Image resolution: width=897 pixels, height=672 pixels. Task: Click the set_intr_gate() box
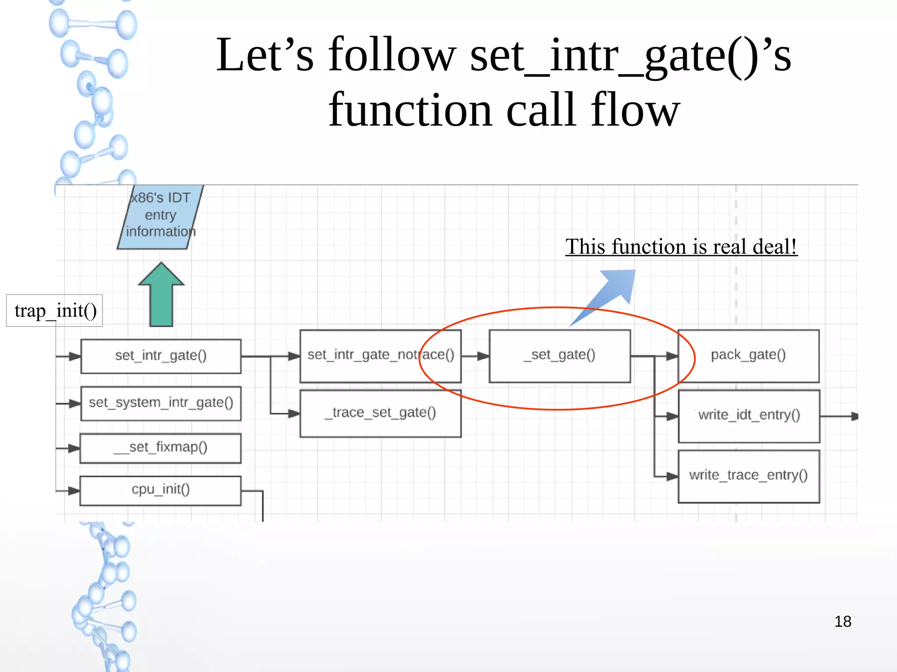pos(161,356)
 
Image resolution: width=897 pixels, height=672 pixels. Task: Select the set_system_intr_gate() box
pos(161,403)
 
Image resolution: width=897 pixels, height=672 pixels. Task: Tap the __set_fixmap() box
pos(160,448)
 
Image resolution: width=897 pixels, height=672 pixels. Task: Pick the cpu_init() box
pos(160,490)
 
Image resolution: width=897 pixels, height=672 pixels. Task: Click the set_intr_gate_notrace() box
pos(380,356)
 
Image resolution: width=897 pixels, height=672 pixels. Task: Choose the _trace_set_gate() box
pos(380,413)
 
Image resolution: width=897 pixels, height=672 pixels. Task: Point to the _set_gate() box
pos(559,356)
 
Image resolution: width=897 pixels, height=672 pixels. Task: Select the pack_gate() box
pos(748,356)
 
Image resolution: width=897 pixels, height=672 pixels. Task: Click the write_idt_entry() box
pos(749,416)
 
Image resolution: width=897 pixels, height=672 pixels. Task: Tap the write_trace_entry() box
pos(749,476)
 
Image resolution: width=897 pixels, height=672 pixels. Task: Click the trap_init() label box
pos(55,310)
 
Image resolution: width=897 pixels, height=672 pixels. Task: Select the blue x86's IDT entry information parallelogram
pos(160,216)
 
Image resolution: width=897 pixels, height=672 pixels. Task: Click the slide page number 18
pos(842,622)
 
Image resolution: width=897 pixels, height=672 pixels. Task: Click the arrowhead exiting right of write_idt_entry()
pos(854,416)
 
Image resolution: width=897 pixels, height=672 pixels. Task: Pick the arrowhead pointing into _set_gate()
pos(483,356)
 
